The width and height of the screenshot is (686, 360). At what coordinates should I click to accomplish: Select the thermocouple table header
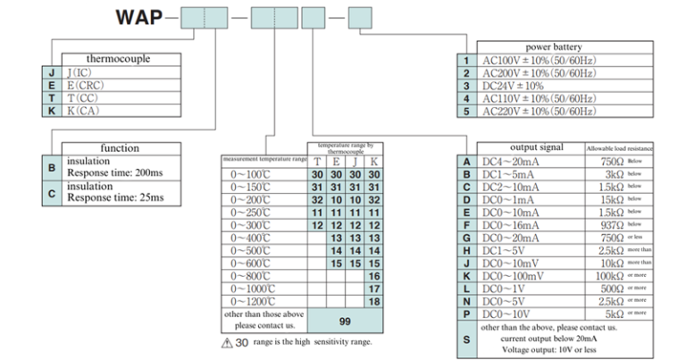pos(117,59)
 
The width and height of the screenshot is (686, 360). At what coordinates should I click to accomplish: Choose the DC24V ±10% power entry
pos(514,86)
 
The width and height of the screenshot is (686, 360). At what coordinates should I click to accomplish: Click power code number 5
pos(466,111)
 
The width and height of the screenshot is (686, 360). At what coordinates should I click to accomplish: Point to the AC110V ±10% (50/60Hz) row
pos(540,98)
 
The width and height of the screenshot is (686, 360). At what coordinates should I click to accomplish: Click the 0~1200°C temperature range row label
pos(253,302)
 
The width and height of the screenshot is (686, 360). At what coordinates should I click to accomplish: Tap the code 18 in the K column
pos(374,302)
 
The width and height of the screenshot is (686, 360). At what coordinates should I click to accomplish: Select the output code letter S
pos(466,339)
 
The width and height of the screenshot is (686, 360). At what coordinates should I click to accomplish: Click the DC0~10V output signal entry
pos(510,314)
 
